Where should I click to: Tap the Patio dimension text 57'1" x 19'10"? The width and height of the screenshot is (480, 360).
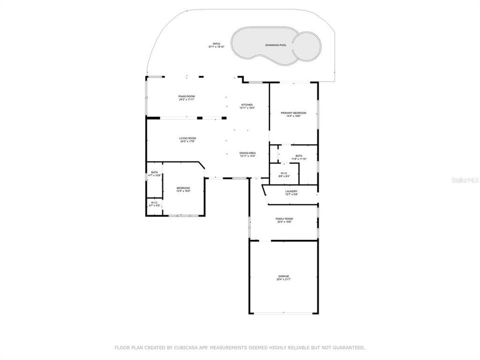click(x=216, y=47)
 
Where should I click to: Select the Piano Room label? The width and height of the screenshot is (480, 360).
click(x=186, y=96)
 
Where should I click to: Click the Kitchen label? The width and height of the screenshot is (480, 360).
click(x=247, y=104)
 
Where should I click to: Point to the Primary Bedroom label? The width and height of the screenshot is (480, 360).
click(x=293, y=113)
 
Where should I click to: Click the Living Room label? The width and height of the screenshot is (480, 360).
click(x=188, y=138)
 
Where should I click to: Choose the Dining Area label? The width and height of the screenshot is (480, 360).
click(x=247, y=153)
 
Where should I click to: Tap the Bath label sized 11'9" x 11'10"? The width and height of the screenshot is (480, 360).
click(x=298, y=156)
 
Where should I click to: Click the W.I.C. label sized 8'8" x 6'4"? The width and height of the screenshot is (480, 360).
click(x=283, y=174)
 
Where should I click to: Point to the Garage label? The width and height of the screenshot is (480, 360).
click(x=283, y=276)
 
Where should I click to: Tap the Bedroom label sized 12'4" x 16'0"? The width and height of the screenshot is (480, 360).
click(x=183, y=188)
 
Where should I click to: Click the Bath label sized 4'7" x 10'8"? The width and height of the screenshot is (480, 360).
click(x=154, y=172)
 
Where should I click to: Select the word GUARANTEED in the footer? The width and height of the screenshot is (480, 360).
click(x=347, y=347)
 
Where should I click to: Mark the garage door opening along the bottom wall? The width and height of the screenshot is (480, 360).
click(x=283, y=313)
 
